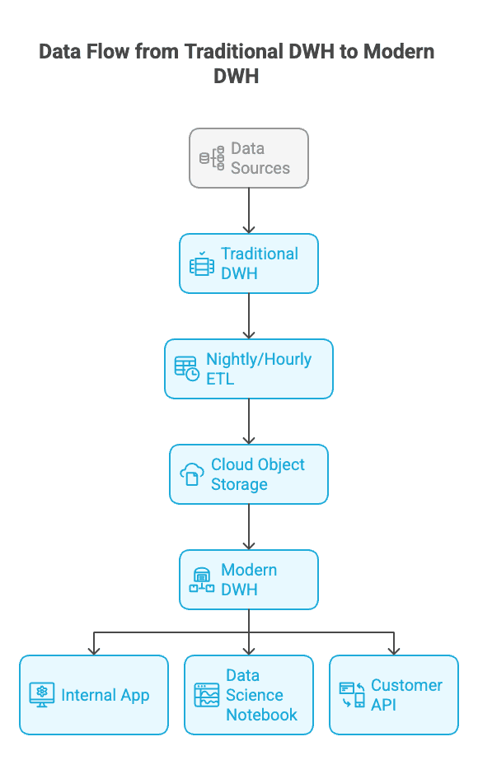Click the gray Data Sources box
coord(249,158)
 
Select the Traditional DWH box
coord(249,263)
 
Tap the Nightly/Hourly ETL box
coord(249,369)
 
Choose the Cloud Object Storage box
coord(249,474)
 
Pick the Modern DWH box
coord(249,580)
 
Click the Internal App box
coord(94,695)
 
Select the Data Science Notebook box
coord(249,695)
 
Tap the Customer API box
coord(394,695)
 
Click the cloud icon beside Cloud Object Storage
coord(191,475)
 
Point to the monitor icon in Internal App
coord(42,695)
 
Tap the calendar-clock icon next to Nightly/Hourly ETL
coord(186,369)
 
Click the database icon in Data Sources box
coord(212,158)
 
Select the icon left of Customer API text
coord(352,695)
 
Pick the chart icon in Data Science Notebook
coord(206,695)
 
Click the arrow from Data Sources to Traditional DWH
coord(249,211)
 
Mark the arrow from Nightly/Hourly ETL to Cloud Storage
coord(249,422)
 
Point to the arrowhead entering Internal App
coord(94,650)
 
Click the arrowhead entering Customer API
coord(394,650)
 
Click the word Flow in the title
coord(154,52)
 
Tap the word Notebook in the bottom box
coord(262,715)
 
